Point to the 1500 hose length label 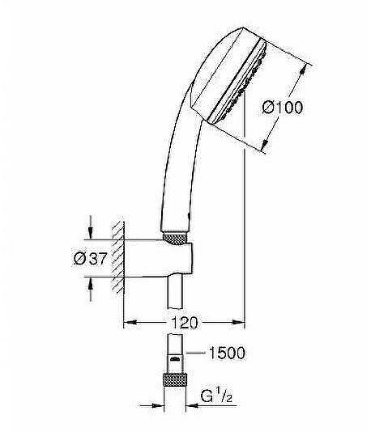pos(226,354)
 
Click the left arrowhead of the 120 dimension pos(128,324)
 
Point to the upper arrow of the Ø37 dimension pos(92,232)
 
